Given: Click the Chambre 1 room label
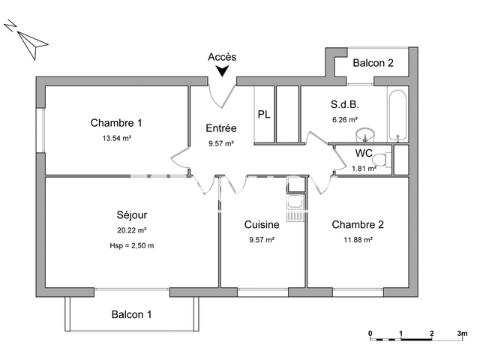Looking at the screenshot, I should (x=116, y=123).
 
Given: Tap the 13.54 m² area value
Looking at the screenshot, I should (x=116, y=139).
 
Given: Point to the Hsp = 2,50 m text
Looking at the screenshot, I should (x=130, y=246).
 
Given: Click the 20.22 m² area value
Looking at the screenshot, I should (x=130, y=231).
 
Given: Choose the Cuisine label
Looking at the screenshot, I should (x=262, y=224).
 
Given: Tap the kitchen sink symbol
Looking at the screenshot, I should (x=293, y=202).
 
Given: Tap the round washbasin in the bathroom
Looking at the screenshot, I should (x=365, y=135).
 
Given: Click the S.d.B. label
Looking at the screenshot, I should (x=344, y=104).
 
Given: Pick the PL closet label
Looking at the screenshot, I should (x=264, y=115).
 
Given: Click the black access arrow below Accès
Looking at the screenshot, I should (x=222, y=71).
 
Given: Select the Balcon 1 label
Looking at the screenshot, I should (x=132, y=315).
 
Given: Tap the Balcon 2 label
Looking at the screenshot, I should (x=373, y=63).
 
